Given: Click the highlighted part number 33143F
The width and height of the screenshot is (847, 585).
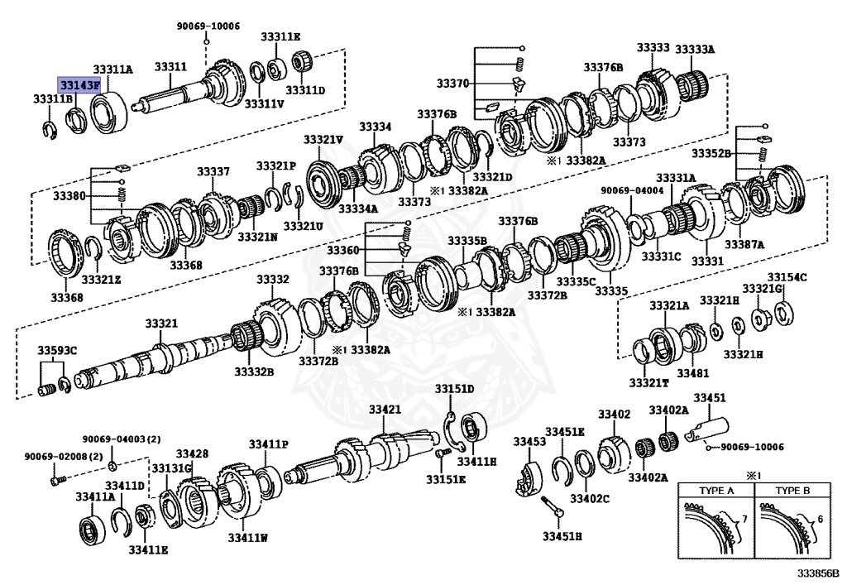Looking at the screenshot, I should (x=79, y=84).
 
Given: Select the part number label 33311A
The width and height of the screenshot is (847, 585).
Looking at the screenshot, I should (x=112, y=70).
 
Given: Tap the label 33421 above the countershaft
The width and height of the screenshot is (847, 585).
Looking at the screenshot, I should (x=385, y=410).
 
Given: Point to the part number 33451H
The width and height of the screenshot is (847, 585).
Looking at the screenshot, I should (x=562, y=536).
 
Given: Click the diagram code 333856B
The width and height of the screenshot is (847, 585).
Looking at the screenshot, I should (x=818, y=573).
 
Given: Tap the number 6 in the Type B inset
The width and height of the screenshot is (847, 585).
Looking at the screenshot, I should (x=818, y=519).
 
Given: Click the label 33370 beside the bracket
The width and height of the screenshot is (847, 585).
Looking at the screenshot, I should (x=452, y=84).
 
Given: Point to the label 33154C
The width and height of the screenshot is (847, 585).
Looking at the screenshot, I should (x=787, y=277).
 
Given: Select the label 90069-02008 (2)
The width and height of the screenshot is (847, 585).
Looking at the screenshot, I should (x=51, y=457).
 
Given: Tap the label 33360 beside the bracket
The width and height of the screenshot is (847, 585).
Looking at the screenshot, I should (x=342, y=250).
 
